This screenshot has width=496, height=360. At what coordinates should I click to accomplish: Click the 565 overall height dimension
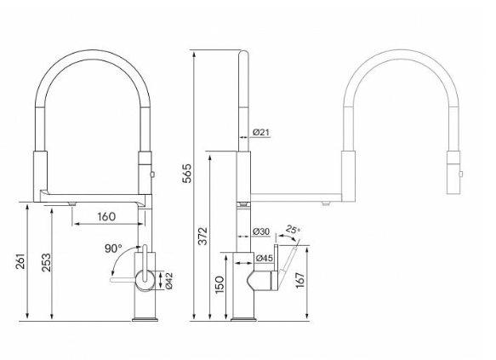[187, 173]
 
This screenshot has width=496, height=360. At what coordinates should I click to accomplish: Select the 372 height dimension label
[202, 236]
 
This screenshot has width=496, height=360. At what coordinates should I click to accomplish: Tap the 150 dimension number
[219, 285]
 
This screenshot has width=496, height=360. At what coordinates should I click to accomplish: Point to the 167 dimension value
[300, 280]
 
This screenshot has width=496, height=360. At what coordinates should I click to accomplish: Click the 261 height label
[20, 261]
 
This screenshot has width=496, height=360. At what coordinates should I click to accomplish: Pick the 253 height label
[46, 262]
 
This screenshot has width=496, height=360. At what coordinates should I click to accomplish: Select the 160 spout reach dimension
[106, 216]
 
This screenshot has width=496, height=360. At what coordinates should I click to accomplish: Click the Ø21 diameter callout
[261, 132]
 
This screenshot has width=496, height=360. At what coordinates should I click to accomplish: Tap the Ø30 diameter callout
[261, 231]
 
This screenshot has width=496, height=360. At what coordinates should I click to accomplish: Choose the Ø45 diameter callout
[264, 258]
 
